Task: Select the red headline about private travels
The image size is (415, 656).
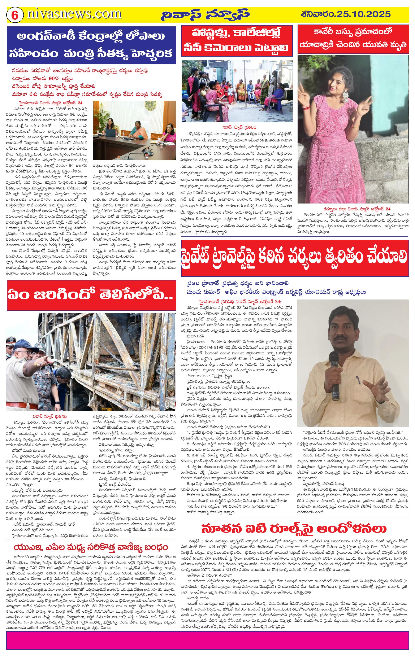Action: click(295, 257)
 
